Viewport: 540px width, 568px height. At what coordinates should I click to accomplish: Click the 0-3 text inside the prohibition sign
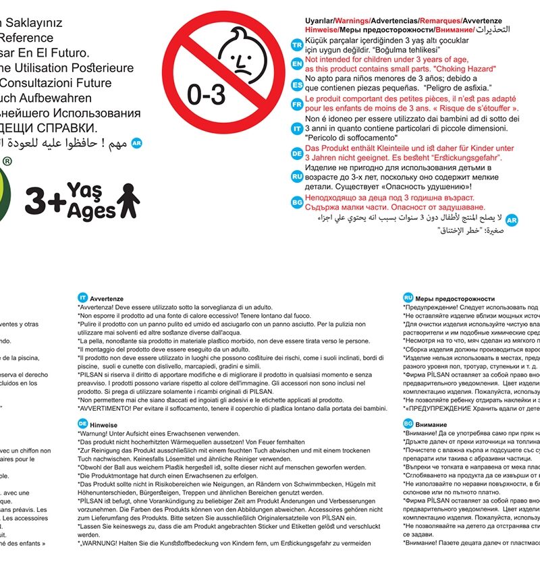pyautogui.click(x=206, y=95)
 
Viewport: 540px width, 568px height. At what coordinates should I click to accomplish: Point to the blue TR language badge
pyautogui.click(x=296, y=45)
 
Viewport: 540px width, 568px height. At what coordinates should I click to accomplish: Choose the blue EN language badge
pyautogui.click(x=296, y=63)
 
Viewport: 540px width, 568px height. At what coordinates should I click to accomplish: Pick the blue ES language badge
pyautogui.click(x=296, y=84)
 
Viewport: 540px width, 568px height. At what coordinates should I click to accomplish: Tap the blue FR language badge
pyautogui.click(x=296, y=105)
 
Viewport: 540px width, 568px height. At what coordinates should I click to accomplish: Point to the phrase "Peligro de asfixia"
pyautogui.click(x=458, y=88)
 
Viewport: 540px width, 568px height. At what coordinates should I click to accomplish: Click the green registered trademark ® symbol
pyautogui.click(x=7, y=162)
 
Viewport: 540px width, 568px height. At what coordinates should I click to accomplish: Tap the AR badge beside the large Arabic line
pyautogui.click(x=137, y=143)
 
